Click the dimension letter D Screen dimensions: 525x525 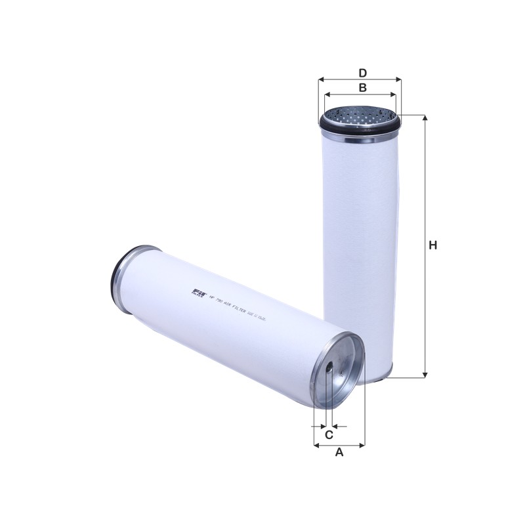[x=362, y=72]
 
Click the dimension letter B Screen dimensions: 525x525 [x=362, y=87]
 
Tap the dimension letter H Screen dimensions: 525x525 [x=432, y=246]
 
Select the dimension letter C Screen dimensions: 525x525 [x=329, y=434]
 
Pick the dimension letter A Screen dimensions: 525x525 [x=339, y=452]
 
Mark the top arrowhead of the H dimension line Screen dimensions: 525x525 [x=425, y=119]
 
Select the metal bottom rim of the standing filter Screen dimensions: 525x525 [x=360, y=377]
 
